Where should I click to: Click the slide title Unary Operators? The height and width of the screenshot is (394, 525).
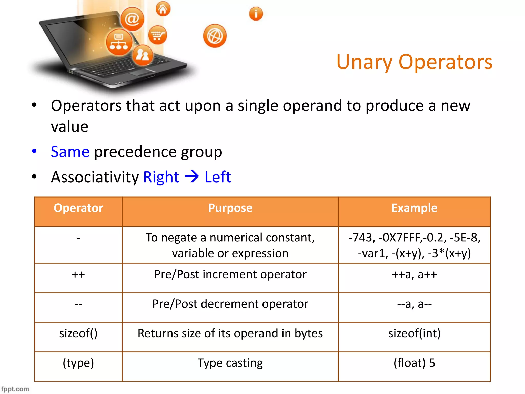(x=414, y=62)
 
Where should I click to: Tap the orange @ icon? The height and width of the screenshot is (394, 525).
(x=132, y=19)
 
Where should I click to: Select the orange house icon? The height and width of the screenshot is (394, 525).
(x=163, y=9)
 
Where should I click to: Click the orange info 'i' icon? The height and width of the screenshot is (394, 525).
(x=256, y=14)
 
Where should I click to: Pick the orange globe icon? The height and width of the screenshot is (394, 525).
(x=215, y=36)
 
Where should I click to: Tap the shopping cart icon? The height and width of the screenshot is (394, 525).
(x=157, y=35)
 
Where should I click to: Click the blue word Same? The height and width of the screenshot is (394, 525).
(x=70, y=152)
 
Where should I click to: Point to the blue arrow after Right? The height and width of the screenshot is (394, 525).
(x=192, y=176)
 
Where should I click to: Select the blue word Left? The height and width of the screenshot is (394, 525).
(x=218, y=177)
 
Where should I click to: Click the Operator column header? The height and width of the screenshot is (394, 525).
(x=78, y=208)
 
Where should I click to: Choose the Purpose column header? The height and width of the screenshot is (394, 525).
(x=230, y=208)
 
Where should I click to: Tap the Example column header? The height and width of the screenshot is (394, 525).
(x=414, y=208)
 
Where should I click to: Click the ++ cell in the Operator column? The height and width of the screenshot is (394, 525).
(x=78, y=275)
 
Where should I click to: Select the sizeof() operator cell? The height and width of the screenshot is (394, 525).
(x=78, y=333)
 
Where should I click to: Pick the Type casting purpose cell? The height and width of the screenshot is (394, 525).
(x=230, y=363)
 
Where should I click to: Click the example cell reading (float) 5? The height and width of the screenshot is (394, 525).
(x=414, y=363)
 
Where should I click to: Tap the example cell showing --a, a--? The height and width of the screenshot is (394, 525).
(x=414, y=304)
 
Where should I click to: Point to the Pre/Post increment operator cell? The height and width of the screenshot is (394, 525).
(x=230, y=274)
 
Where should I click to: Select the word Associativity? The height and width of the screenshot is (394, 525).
(x=95, y=177)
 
